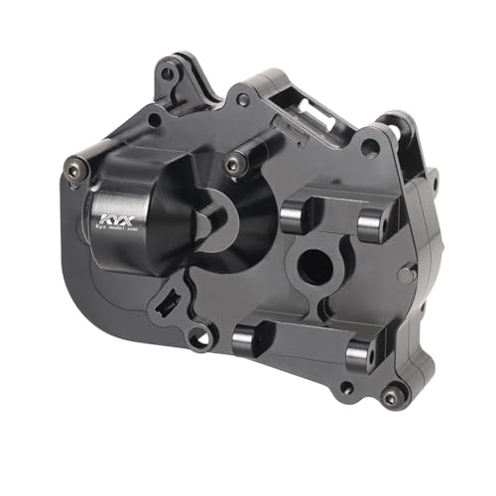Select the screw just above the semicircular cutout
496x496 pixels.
(234, 162)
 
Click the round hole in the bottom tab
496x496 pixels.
(201, 340)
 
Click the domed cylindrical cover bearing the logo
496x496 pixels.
(134, 213)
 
